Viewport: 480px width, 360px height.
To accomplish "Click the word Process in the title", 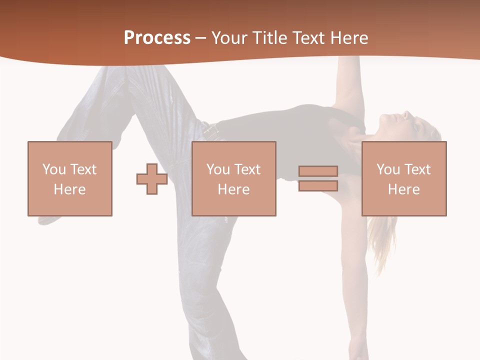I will pos(157,38).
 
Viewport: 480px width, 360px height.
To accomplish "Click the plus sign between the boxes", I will pos(152,179).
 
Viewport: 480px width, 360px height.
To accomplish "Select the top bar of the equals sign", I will pos(318,171).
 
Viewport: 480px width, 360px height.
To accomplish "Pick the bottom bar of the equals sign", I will pos(318,186).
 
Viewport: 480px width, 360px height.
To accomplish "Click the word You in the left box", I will pos(54,169).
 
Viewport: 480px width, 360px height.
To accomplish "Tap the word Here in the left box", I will pos(69,189).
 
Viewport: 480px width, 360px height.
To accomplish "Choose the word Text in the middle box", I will pos(247,169).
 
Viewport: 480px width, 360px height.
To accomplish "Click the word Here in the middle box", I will pos(233,189).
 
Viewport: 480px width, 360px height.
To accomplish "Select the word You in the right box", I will pos(388,169).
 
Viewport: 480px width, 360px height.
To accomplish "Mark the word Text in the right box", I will pos(417,169).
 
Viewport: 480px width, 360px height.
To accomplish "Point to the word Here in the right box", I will pos(403,189).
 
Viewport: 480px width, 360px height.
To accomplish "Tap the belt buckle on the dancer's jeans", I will pos(211,132).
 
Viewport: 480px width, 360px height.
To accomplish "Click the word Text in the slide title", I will pos(305,38).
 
